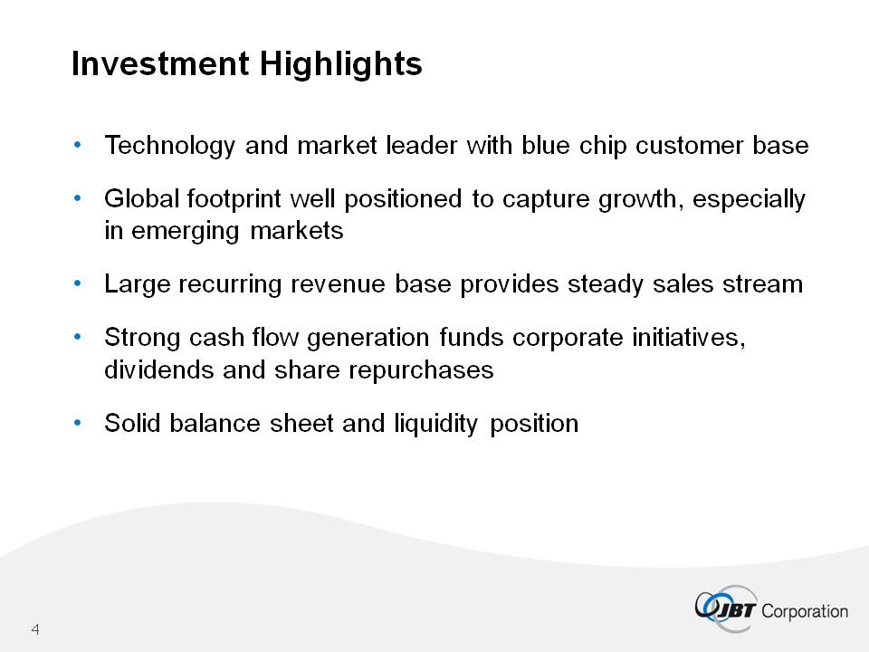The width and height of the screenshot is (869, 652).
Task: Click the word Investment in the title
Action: (160, 63)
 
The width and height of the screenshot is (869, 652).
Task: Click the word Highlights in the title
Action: (341, 64)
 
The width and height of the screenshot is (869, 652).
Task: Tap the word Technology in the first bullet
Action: (169, 146)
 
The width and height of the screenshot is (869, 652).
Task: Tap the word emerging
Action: (186, 231)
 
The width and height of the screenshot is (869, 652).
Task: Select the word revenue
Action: (338, 284)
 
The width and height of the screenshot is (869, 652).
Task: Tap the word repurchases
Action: (421, 370)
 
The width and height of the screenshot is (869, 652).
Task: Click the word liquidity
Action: (435, 424)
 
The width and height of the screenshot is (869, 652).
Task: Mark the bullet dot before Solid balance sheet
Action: (77, 423)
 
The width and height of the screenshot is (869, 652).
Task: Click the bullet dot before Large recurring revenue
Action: (77, 283)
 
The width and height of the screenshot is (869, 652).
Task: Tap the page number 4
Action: (35, 629)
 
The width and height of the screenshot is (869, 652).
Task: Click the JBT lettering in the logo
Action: (735, 610)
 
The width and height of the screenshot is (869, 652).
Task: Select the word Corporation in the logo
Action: (805, 611)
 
